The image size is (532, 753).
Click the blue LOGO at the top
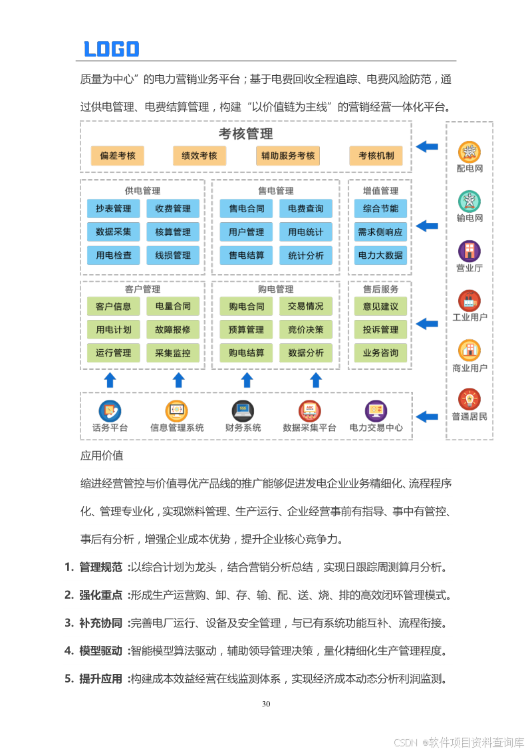tap(111, 49)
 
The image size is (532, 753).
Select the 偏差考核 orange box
tap(118, 156)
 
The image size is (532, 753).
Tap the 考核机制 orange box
tap(376, 156)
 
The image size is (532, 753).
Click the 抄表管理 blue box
tap(113, 209)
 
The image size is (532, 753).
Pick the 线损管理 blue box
tap(173, 255)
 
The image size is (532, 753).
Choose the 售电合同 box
tap(246, 209)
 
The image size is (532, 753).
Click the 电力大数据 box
tap(380, 255)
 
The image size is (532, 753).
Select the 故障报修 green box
tap(173, 329)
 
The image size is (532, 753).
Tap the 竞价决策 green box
tap(306, 329)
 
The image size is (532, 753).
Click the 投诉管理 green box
tap(380, 329)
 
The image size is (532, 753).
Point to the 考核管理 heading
tap(246, 134)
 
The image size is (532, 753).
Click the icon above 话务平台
tap(110, 410)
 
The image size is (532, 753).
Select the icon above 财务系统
tap(243, 410)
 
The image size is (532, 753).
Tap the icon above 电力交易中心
tap(376, 410)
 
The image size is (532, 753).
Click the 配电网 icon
tap(469, 152)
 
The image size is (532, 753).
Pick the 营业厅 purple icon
tap(469, 251)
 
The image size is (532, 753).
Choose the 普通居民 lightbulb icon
tap(469, 399)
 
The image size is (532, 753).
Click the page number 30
tap(266, 704)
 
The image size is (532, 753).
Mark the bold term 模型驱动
tap(100, 651)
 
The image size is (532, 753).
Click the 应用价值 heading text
tap(102, 456)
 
